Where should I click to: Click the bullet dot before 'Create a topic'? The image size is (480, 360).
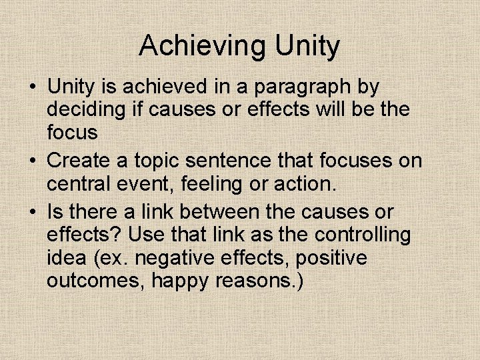32,161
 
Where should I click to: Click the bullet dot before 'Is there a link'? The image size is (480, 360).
32,213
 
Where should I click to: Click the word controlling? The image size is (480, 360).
363,235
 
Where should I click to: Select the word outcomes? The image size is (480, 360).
96,281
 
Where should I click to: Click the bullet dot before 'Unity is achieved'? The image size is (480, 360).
32,87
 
